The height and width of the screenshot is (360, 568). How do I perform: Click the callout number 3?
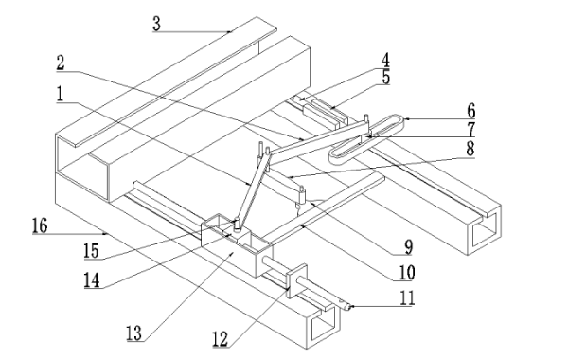(x=156, y=24)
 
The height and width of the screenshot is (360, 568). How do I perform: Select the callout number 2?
(x=61, y=63)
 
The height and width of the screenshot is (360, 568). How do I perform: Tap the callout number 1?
(x=60, y=94)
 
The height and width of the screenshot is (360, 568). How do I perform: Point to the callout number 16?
(x=40, y=225)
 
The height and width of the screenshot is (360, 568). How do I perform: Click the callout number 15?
(x=91, y=251)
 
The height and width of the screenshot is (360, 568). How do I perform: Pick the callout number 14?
(x=92, y=280)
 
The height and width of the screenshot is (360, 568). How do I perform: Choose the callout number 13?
(x=134, y=333)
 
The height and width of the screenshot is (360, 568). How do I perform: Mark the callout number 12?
(x=221, y=339)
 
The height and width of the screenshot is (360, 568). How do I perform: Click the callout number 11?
(x=407, y=298)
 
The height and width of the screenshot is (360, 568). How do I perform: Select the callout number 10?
(x=407, y=273)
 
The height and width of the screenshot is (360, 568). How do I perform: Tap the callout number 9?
(x=409, y=247)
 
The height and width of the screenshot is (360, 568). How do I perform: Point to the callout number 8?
(x=470, y=149)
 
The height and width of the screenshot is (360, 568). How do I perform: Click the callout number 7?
(x=470, y=130)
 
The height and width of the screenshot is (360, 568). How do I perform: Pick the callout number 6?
(x=470, y=111)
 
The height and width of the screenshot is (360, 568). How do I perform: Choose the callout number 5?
(x=386, y=78)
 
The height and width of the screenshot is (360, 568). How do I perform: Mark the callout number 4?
(x=386, y=61)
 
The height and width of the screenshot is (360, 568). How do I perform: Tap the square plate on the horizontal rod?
(x=296, y=280)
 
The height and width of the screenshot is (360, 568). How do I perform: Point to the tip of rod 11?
(x=348, y=308)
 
